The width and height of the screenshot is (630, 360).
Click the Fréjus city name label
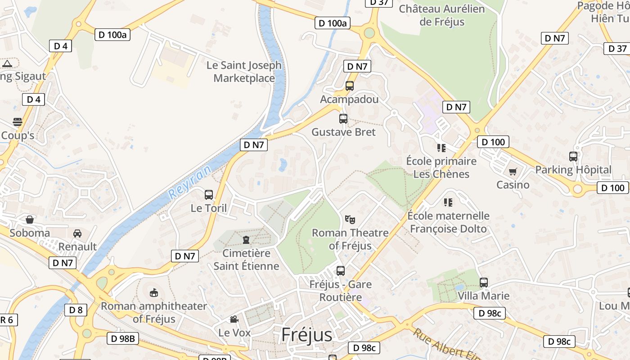306,335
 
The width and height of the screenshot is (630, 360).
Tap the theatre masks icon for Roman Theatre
350,220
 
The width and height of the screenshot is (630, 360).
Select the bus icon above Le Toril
209,195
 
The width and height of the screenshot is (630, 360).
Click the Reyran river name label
189,182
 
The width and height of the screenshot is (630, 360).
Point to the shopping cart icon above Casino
513,171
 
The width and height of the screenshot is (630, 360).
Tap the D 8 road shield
76,310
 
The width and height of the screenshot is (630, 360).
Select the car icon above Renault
77,233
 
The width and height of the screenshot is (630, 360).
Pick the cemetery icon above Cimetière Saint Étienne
246,239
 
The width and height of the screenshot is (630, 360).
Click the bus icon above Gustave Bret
343,119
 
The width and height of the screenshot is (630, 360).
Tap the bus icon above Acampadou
350,86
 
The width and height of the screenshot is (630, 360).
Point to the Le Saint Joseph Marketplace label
244,72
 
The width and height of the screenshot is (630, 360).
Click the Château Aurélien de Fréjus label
441,15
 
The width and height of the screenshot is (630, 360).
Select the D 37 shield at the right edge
617,49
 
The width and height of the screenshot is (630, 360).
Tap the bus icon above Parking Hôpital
573,157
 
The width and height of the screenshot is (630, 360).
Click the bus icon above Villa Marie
484,283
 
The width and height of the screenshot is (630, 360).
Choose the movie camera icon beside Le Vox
234,319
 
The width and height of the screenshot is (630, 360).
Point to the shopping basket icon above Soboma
30,220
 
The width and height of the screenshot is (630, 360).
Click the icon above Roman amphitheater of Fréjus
154,293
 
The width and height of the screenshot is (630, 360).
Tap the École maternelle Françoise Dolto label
448,222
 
